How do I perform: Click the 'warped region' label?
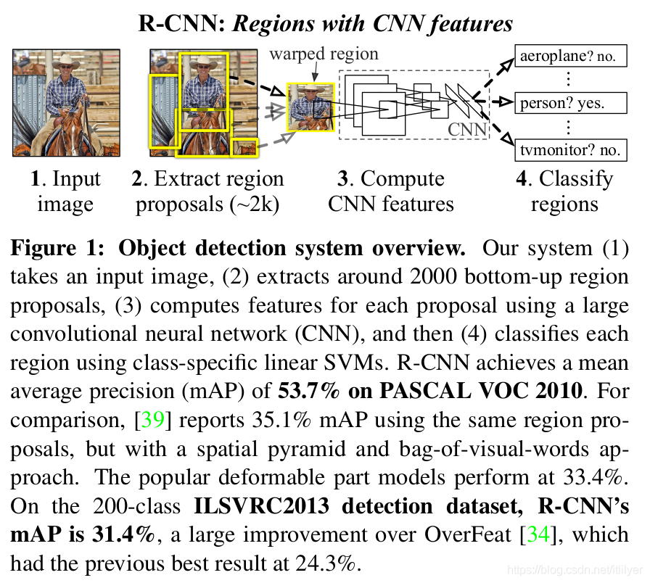pos(324,54)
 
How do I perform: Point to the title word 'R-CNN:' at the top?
pos(181,23)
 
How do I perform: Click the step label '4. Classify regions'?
pos(564,191)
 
